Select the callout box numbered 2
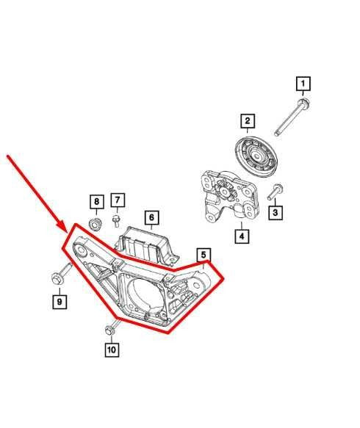(248, 120)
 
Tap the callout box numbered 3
(276, 213)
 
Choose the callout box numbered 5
(204, 255)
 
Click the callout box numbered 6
(151, 217)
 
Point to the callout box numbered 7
(118, 200)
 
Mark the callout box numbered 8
(96, 201)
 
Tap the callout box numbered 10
(111, 349)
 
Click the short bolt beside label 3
(273, 193)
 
